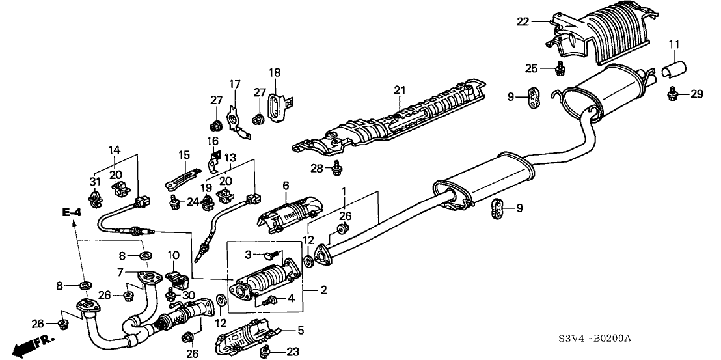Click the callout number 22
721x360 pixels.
click(x=523, y=21)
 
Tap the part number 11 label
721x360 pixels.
click(x=673, y=44)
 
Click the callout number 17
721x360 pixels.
click(x=234, y=84)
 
